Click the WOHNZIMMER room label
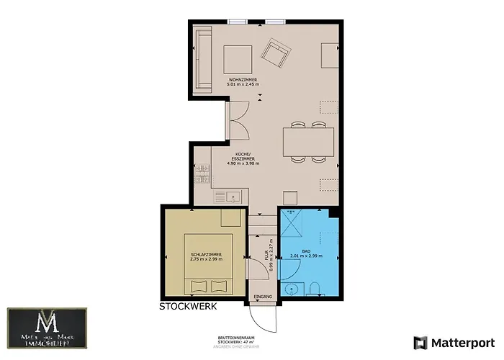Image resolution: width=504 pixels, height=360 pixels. (x=242, y=79)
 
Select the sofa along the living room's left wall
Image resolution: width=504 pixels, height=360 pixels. (x=201, y=62)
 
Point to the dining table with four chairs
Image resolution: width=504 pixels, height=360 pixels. (x=309, y=140)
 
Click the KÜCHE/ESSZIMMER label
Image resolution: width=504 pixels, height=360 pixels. (x=242, y=159)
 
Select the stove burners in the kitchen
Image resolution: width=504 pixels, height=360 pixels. (x=201, y=174)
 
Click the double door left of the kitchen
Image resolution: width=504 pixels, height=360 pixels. (x=237, y=120)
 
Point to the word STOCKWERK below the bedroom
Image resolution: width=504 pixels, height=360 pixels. (x=188, y=306)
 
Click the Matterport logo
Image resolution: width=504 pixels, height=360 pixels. (x=454, y=341)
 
